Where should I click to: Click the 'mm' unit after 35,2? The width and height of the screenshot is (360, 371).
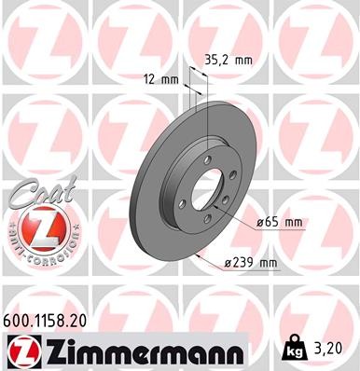[243, 60]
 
